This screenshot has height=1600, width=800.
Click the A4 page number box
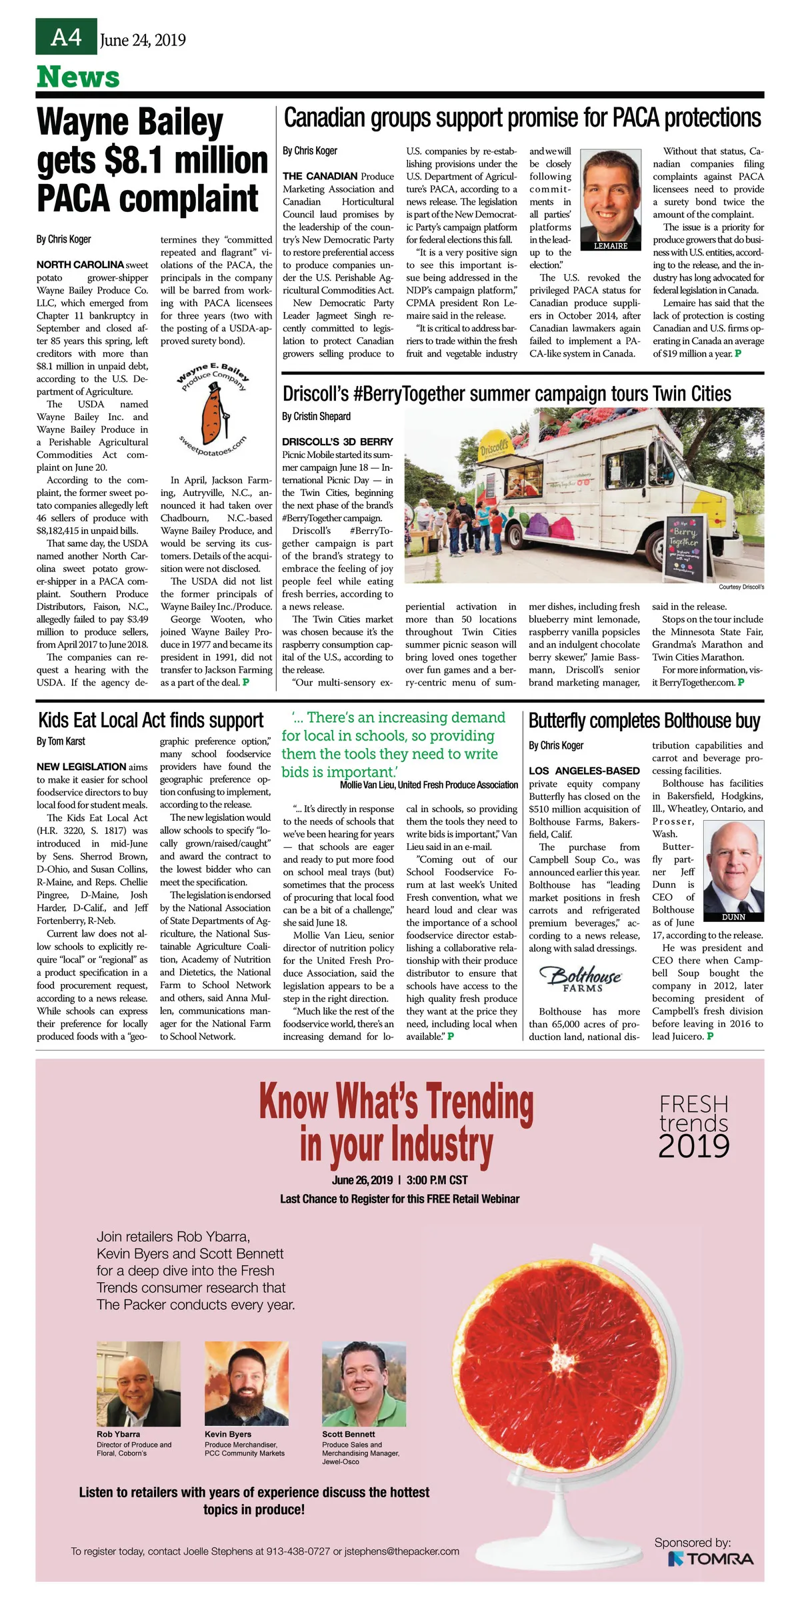66,37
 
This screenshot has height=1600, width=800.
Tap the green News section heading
78,77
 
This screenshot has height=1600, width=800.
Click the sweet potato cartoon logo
212,413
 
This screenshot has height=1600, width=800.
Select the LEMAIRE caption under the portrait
611,246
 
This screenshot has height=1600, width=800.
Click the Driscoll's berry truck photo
584,495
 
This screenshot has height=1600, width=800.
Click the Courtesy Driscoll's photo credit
741,587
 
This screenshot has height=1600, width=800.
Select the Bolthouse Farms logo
583,977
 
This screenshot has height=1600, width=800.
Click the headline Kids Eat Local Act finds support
151,721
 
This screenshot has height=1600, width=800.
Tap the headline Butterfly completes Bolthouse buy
644,721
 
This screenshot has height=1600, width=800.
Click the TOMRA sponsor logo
711,1559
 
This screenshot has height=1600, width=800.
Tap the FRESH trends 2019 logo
693,1127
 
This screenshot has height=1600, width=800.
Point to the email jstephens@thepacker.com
402,1551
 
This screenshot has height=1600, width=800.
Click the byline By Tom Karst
61,741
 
